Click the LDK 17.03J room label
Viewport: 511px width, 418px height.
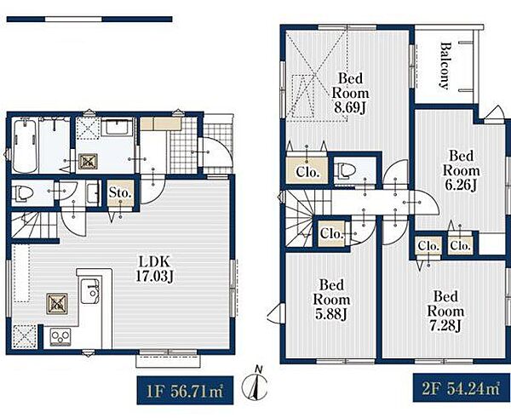[154, 269]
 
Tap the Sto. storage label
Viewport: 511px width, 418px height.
[120, 193]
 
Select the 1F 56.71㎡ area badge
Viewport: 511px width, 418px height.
[185, 390]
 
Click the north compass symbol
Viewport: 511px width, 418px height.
[255, 385]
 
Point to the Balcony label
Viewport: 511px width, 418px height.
[444, 66]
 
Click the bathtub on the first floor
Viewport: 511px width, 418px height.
[25, 146]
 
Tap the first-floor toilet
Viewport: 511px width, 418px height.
[22, 193]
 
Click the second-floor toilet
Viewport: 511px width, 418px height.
[344, 170]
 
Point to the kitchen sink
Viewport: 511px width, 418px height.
[90, 291]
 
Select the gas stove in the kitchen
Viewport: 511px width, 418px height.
[60, 337]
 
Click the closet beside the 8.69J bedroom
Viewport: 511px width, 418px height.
[307, 170]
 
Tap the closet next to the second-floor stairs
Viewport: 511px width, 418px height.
[331, 233]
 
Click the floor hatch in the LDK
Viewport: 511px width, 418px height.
[57, 304]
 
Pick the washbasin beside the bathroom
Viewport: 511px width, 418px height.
[117, 128]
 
